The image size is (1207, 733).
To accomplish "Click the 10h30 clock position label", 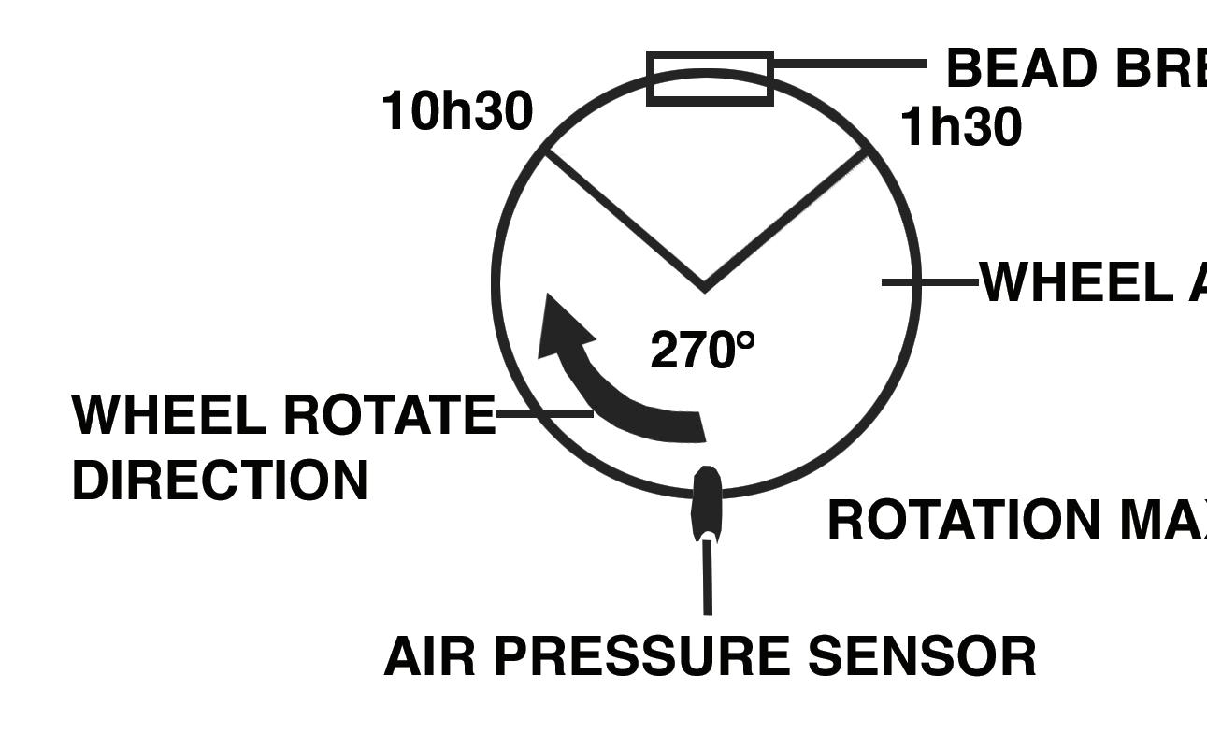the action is point(457,112).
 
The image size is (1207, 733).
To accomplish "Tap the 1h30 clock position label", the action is point(960,127).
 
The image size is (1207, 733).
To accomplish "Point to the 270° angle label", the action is point(702,351).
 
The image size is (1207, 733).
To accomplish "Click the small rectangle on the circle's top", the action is point(711,79).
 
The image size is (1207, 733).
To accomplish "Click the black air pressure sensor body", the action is point(706,502).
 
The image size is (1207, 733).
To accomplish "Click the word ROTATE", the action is point(387,414).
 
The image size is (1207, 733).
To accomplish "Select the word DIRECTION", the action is point(221,481).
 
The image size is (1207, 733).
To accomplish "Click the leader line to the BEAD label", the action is point(849,64).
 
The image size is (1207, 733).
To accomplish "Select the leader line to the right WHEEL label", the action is point(930,281).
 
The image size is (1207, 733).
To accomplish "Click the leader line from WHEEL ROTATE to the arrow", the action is point(543,412).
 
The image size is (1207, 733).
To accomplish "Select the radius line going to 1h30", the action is point(785,220).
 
